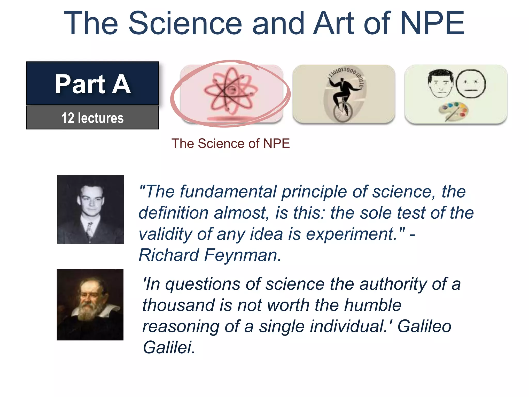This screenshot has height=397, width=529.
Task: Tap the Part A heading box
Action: [92, 83]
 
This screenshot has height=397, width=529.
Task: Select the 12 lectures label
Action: [92, 118]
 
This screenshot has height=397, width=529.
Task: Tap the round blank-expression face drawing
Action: [471, 84]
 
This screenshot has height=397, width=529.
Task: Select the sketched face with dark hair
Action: [440, 83]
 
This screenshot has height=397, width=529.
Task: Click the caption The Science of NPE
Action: [230, 143]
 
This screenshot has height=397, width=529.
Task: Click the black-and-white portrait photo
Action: [90, 209]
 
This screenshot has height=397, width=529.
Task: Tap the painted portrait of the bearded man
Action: [90, 305]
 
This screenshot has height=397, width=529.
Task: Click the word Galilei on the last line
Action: [169, 347]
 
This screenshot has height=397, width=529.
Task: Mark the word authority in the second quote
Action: [393, 284]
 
